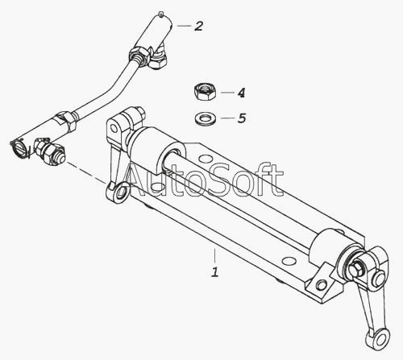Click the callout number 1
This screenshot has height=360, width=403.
click(x=215, y=271)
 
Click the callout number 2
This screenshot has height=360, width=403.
click(x=199, y=26)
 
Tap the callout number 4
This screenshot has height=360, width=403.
click(x=241, y=93)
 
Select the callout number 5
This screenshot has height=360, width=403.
click(x=242, y=118)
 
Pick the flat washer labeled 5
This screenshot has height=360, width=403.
click(x=206, y=118)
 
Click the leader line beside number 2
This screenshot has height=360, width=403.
click(x=184, y=26)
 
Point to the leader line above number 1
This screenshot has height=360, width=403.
click(x=214, y=256)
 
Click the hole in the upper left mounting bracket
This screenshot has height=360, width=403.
click(x=114, y=128)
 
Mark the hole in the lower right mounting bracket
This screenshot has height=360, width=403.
click(x=321, y=284)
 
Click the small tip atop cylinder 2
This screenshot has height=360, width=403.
click(x=160, y=14)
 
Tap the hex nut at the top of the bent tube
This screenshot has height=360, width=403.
click(x=139, y=54)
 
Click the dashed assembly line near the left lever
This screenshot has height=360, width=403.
click(x=86, y=173)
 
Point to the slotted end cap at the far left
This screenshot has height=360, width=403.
click(x=19, y=148)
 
